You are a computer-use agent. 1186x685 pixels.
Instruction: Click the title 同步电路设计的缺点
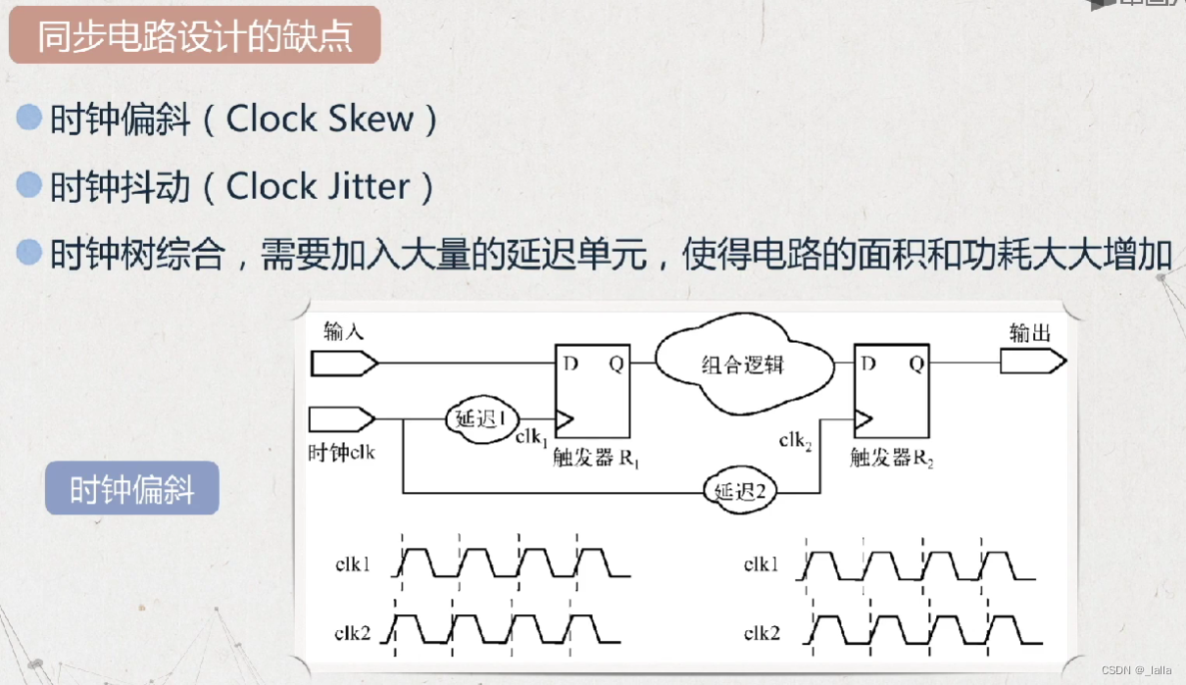pos(194,36)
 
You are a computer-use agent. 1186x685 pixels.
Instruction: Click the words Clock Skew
pos(321,120)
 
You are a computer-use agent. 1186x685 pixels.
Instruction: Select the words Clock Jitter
pos(318,186)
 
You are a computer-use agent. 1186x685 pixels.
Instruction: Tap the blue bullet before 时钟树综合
pos(30,252)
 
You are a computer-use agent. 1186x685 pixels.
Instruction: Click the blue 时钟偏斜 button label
pos(132,488)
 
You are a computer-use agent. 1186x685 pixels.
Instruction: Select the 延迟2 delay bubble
pos(738,488)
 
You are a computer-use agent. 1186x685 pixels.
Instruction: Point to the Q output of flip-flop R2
pos(915,365)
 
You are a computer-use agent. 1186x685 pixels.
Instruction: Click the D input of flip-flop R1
pos(569,365)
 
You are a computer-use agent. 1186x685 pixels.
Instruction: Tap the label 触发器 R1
pos(596,457)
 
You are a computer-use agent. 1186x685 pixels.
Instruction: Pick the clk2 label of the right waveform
pos(762,634)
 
